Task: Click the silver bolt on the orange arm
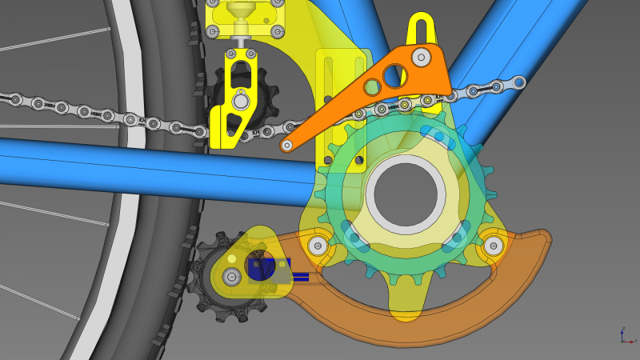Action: pos(420,56)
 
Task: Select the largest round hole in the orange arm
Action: pos(391,75)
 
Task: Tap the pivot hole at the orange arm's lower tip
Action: pos(286,146)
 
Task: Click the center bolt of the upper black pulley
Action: pos(239,102)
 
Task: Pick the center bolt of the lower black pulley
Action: pos(232,277)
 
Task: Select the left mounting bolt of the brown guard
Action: pos(318,246)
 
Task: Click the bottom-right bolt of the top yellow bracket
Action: pos(277,33)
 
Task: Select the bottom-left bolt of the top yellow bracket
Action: pos(212,32)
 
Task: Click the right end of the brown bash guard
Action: pos(544,238)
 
